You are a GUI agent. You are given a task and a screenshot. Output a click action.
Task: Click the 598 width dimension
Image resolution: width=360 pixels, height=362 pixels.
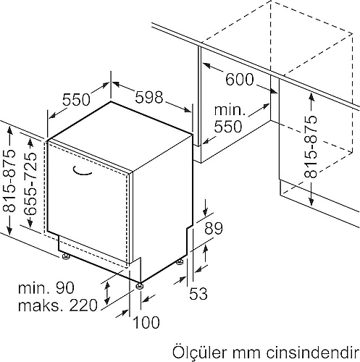[x=149, y=98]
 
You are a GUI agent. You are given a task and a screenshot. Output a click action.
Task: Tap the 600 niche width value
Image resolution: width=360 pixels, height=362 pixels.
[x=240, y=80]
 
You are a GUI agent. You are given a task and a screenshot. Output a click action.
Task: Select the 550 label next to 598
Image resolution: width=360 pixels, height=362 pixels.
[x=76, y=100]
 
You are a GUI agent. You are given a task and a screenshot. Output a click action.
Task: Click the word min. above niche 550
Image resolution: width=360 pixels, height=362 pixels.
[x=230, y=110]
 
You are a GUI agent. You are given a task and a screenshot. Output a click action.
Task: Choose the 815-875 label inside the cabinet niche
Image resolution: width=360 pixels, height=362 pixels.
[x=310, y=147]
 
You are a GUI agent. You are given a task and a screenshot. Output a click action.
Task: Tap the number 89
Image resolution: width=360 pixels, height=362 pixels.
[x=214, y=229]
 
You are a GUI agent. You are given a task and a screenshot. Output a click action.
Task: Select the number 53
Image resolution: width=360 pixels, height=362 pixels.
[x=198, y=293]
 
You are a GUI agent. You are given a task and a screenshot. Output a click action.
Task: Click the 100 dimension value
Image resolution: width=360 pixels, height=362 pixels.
[x=146, y=322]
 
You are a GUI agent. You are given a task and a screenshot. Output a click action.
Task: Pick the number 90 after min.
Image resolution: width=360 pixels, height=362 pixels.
[x=65, y=287]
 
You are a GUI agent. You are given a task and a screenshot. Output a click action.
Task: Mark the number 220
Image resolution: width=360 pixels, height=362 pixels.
[x=83, y=306]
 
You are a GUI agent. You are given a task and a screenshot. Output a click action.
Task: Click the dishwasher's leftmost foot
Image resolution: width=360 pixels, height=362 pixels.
[x=65, y=256]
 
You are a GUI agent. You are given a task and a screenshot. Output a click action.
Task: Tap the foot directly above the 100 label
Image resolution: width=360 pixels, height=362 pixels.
[x=140, y=285]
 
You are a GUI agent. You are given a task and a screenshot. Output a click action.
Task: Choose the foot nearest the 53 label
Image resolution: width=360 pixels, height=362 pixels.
[x=180, y=262]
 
